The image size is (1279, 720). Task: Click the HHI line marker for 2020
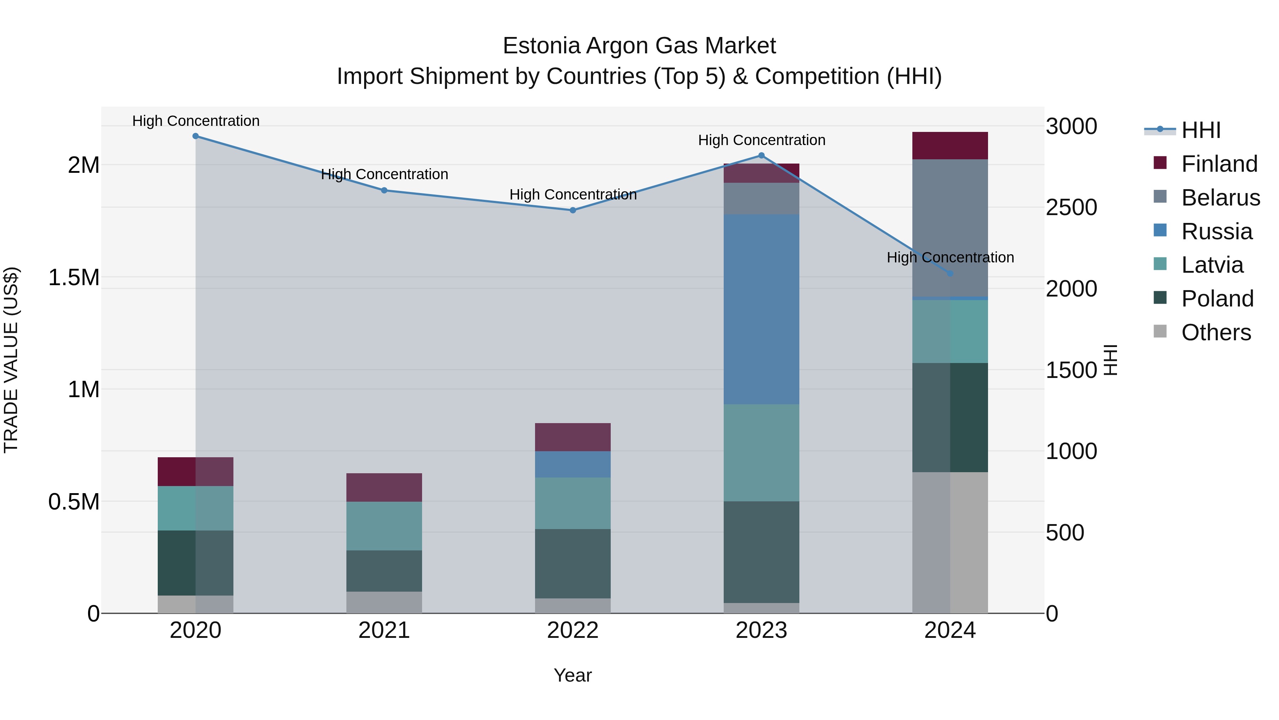click(x=196, y=136)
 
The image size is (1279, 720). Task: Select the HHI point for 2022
click(x=572, y=210)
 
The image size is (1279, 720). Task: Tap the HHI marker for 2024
click(x=950, y=273)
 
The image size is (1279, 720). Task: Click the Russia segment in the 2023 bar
click(x=761, y=309)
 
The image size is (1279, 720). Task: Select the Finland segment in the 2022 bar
click(x=572, y=437)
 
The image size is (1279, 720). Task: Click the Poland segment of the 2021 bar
click(x=384, y=571)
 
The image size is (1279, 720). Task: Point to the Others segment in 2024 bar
click(x=950, y=542)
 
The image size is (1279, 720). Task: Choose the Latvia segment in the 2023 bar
click(x=761, y=452)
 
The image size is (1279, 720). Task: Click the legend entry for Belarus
click(x=1220, y=198)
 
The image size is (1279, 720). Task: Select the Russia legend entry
click(x=1216, y=231)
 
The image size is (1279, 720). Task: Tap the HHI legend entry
click(x=1200, y=130)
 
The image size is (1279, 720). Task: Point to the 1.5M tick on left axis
click(x=74, y=277)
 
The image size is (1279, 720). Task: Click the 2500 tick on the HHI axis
click(x=1071, y=208)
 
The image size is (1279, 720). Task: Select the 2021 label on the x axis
click(x=384, y=630)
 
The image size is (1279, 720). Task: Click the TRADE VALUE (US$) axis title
click(x=11, y=360)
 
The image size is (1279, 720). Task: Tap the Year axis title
click(x=572, y=675)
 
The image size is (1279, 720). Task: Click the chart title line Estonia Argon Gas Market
click(x=639, y=46)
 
